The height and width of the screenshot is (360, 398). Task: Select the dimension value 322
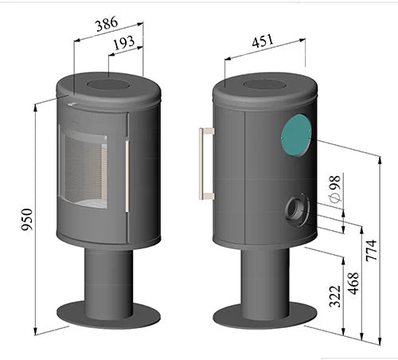click(x=335, y=295)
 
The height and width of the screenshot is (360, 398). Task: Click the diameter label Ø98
click(x=334, y=191)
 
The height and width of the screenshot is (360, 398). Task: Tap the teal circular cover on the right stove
click(x=295, y=134)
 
